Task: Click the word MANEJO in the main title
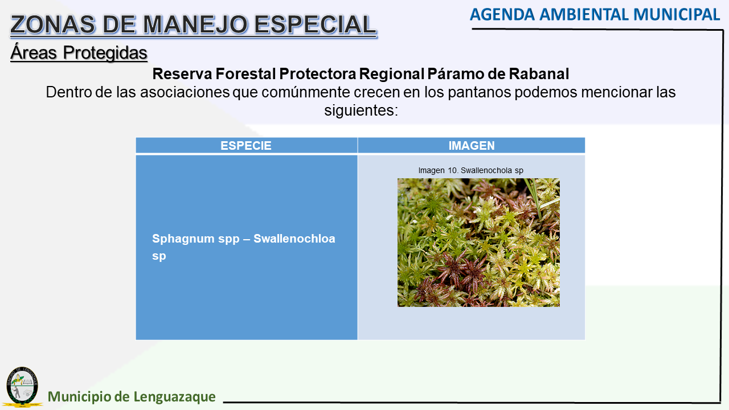tap(195, 24)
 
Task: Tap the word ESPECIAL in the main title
tap(315, 24)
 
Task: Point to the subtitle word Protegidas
tap(105, 53)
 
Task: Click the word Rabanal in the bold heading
tap(539, 74)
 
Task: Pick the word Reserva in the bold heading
tap(182, 74)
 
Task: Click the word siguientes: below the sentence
tap(361, 110)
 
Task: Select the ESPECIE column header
tap(245, 145)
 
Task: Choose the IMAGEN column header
tap(472, 145)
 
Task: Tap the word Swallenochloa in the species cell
tap(294, 239)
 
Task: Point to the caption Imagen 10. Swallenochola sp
tap(470, 170)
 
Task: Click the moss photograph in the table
tap(478, 243)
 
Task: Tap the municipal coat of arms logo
tap(22, 387)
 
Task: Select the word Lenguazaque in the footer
tap(174, 397)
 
